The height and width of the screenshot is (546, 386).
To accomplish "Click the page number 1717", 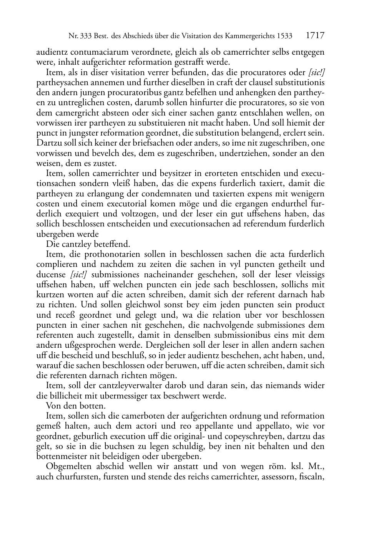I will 315,36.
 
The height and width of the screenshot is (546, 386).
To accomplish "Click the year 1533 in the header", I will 285,37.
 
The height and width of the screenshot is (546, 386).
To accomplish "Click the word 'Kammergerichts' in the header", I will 250,37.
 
